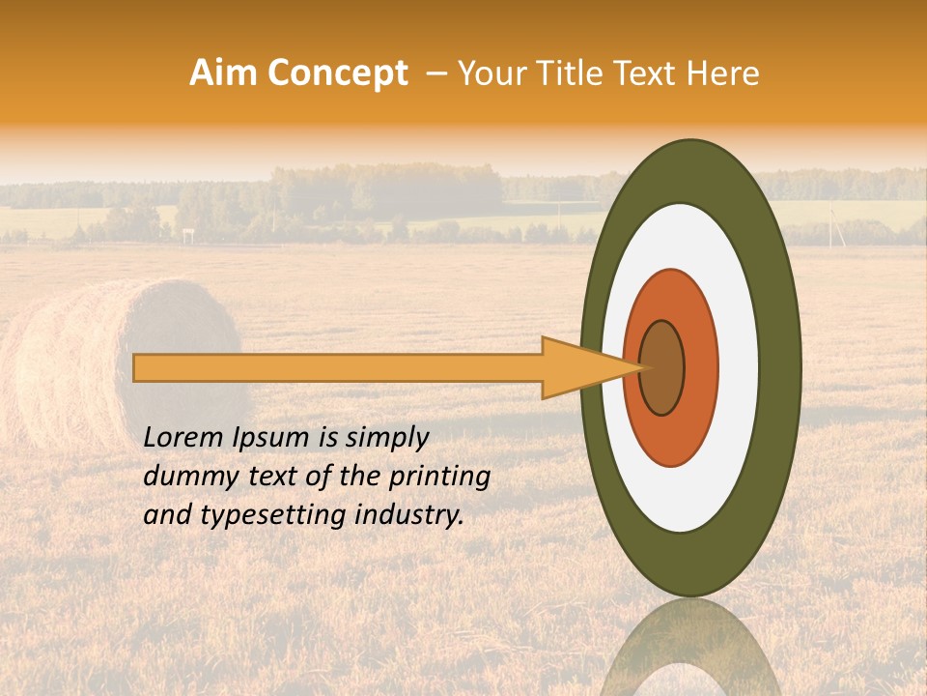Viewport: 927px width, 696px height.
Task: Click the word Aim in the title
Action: click(x=224, y=73)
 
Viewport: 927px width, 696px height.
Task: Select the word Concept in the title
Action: click(x=337, y=73)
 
